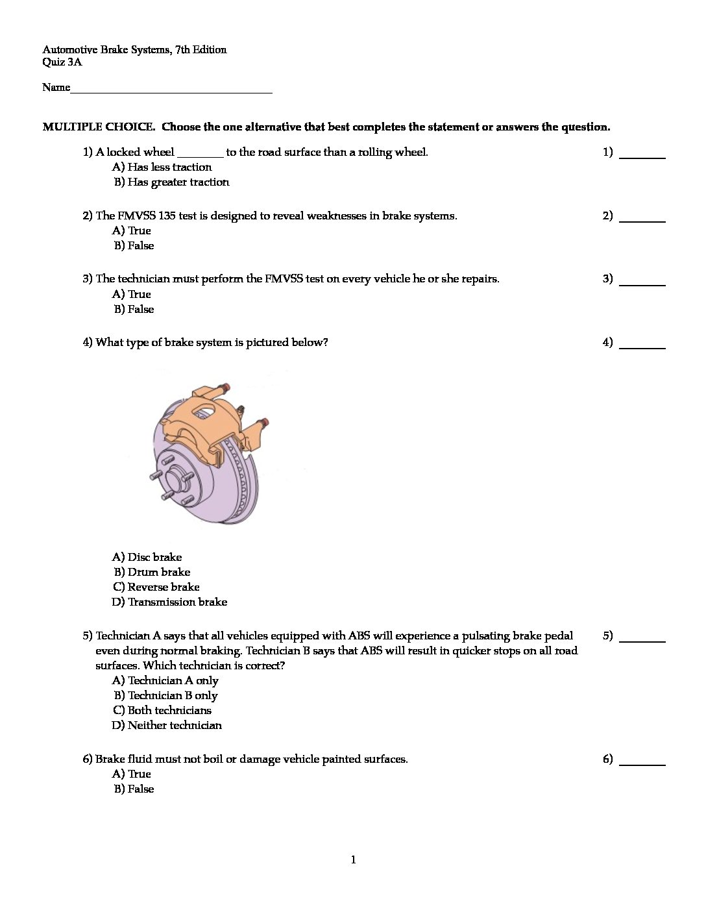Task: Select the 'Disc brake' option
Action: [x=147, y=558]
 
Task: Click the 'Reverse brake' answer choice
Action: [x=156, y=587]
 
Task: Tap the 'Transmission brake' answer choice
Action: [x=170, y=602]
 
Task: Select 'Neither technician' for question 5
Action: [x=167, y=726]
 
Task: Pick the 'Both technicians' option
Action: [x=162, y=711]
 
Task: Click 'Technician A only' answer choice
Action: [x=165, y=681]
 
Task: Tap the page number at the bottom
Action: [x=353, y=860]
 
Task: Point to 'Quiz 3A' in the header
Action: [x=62, y=62]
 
